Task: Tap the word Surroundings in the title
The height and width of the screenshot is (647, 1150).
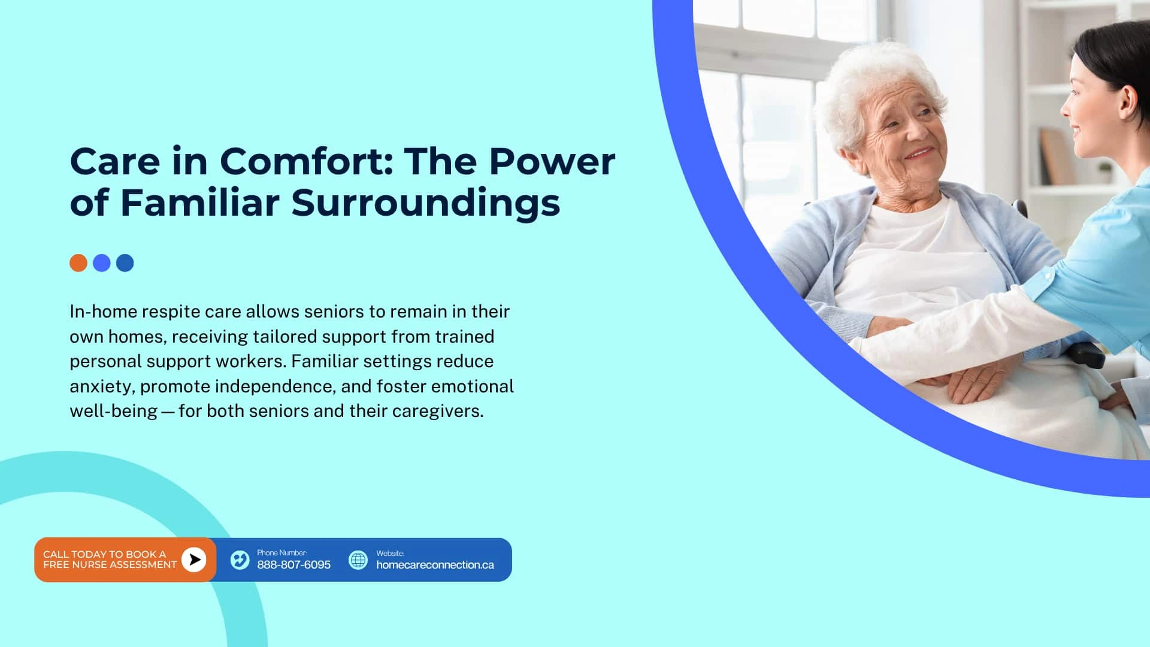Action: (426, 204)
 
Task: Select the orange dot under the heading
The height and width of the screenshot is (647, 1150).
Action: (78, 263)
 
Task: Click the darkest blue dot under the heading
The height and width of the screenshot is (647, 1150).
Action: (125, 263)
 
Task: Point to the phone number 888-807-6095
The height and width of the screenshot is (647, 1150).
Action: (293, 565)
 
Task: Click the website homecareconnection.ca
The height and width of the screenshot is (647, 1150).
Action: (435, 565)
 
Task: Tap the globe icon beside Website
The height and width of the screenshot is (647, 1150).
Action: (358, 560)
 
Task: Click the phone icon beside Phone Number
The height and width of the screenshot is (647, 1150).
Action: (240, 560)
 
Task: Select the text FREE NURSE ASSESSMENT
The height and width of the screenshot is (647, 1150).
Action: (110, 565)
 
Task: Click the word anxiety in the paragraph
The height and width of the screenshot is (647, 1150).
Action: (102, 387)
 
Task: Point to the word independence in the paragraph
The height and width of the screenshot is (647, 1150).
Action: (274, 387)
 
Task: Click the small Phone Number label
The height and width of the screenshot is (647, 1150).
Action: (282, 552)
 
